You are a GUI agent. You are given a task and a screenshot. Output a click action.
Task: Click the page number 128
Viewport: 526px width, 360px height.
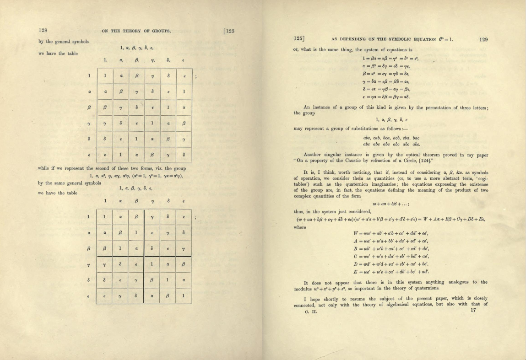pyautogui.click(x=43, y=31)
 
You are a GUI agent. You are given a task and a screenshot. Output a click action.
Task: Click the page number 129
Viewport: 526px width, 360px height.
pyautogui.click(x=483, y=39)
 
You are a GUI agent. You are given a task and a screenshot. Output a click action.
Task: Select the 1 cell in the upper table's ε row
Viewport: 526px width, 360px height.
pyautogui.click(x=120, y=155)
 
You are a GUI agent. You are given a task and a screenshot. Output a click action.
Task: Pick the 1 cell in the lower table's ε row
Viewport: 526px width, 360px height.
pyautogui.click(x=183, y=296)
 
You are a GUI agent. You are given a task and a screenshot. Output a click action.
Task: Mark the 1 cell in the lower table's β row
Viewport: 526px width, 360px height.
pyautogui.click(x=120, y=248)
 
